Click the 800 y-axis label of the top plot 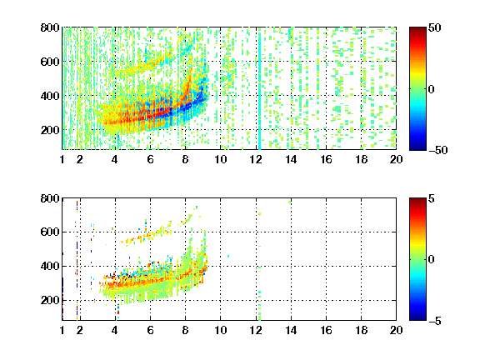[x=50, y=27]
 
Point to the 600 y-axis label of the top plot [x=50, y=62]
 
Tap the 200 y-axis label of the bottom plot [x=50, y=300]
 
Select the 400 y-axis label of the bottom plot [x=50, y=266]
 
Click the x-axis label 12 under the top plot [x=256, y=159]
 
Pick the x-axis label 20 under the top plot [x=396, y=159]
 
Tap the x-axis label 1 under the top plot [x=62, y=159]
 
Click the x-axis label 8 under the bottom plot [x=185, y=330]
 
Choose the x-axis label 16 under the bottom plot [x=326, y=330]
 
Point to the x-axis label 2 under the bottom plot [x=80, y=330]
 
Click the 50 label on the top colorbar [x=435, y=27]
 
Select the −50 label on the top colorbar [x=438, y=150]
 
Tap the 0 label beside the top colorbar [x=432, y=89]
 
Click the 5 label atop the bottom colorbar [x=432, y=198]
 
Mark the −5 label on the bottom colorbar [x=435, y=321]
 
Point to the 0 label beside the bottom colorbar [x=432, y=260]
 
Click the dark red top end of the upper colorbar [x=417, y=30]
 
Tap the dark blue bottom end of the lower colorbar [x=417, y=318]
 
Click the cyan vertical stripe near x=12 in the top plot [x=260, y=88]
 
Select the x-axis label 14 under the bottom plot [x=291, y=330]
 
